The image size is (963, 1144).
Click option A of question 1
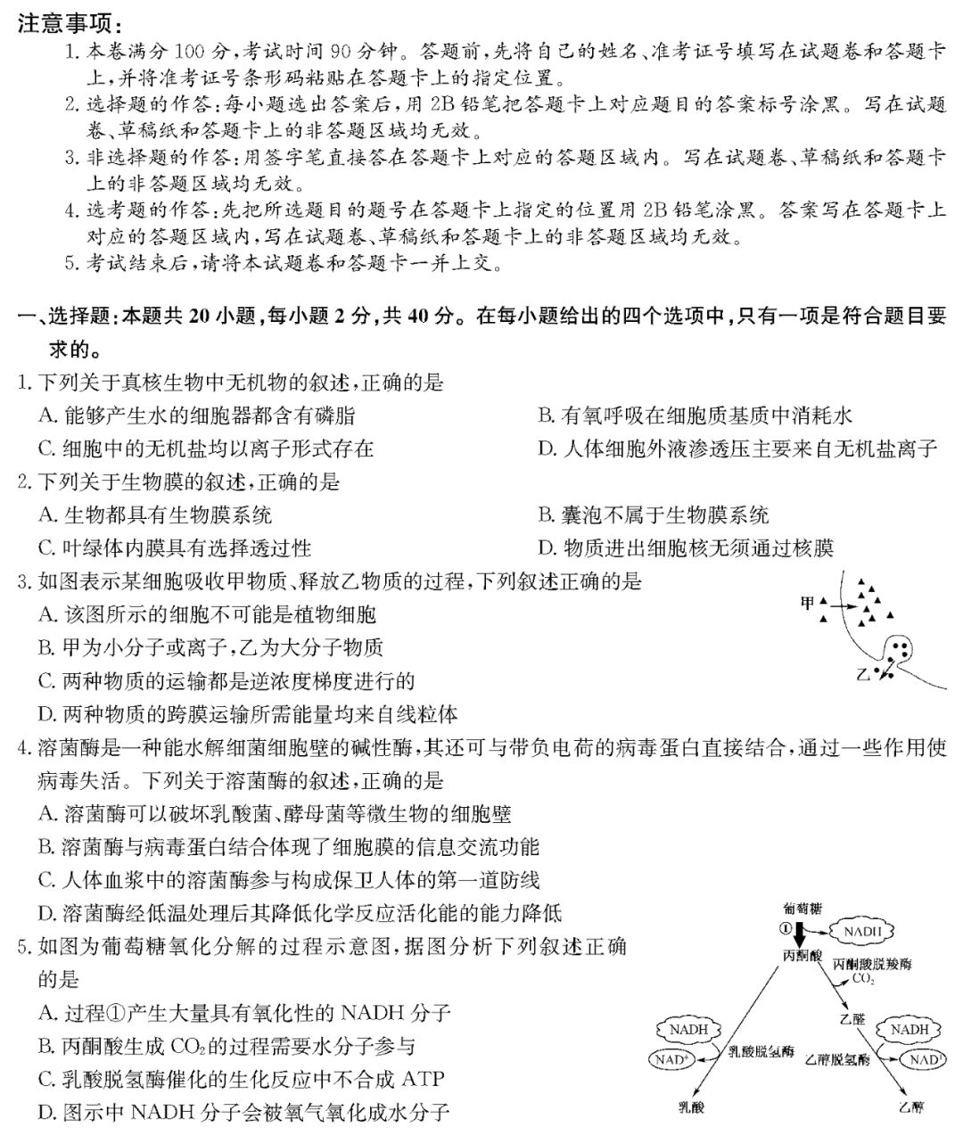196,415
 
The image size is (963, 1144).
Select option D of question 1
737,448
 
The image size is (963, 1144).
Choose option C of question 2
175,547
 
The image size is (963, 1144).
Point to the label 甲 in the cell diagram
808,605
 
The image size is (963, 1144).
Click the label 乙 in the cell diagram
861,675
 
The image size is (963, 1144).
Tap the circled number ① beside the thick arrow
785,930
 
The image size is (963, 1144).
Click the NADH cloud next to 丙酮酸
862,931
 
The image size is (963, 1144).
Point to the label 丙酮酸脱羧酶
872,964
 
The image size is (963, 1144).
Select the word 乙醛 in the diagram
852,1017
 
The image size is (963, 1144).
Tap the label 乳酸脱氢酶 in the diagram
761,1054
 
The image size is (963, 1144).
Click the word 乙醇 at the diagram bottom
911,1107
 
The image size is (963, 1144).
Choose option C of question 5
241,1079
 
